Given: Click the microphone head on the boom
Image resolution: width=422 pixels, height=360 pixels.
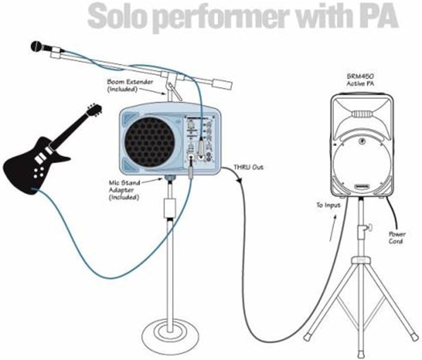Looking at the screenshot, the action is click(x=37, y=46).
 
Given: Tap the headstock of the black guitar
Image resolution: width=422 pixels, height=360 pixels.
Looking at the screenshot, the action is click(x=94, y=110).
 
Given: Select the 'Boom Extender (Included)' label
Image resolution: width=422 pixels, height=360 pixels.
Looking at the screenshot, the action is click(x=130, y=86).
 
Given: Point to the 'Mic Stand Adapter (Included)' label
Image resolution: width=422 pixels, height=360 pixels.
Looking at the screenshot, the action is click(x=124, y=190).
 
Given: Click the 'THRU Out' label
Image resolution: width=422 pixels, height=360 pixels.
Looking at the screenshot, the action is click(x=248, y=167).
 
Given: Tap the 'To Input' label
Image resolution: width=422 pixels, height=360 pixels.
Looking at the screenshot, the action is click(x=328, y=205).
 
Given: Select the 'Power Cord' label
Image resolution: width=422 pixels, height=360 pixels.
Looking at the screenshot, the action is click(x=397, y=238).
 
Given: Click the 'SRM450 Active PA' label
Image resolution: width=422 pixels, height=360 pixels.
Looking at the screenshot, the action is click(x=360, y=80).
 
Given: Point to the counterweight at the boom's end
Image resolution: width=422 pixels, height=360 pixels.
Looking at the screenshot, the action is click(x=223, y=84).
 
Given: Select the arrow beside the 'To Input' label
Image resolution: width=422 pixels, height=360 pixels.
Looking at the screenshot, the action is click(x=333, y=228).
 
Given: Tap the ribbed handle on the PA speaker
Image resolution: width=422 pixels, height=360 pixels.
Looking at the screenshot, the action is click(x=362, y=114).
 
